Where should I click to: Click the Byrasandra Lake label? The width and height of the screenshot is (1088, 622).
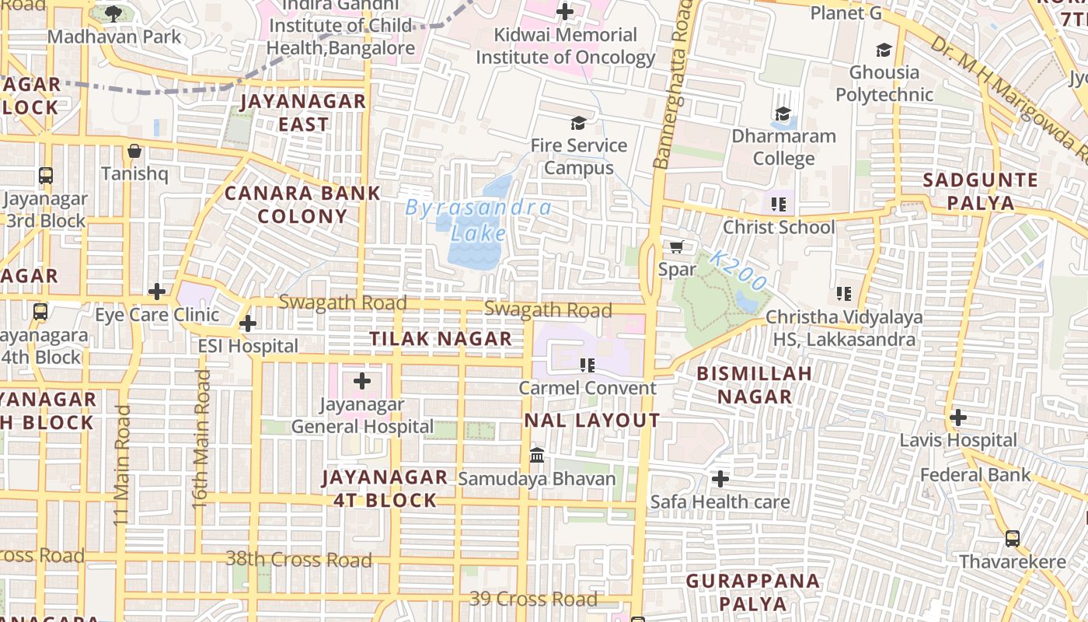point(479,220)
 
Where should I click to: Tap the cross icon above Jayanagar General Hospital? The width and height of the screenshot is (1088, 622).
point(362,381)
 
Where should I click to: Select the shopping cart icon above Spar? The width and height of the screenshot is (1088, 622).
point(676,246)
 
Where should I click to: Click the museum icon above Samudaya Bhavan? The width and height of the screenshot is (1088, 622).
point(536,455)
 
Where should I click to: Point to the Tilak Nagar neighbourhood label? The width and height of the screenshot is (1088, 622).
point(441,339)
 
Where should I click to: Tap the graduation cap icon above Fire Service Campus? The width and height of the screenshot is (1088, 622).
point(578,122)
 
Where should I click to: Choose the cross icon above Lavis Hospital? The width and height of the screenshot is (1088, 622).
point(957,418)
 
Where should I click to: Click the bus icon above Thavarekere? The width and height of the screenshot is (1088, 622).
point(1012,538)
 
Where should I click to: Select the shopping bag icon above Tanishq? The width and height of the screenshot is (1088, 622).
point(134,150)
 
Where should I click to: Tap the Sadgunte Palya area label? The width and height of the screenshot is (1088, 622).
point(980,191)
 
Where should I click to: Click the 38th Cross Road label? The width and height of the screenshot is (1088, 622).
point(299,559)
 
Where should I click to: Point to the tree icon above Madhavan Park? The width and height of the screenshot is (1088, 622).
point(113,13)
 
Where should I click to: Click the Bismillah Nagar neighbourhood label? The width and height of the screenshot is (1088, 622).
point(754,385)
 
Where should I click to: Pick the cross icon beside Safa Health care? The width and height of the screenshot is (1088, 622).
point(720,479)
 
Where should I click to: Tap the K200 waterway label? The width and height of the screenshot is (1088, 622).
point(738,270)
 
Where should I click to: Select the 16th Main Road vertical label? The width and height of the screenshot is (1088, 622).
point(201,439)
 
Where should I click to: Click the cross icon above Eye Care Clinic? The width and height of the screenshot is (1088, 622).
point(157,292)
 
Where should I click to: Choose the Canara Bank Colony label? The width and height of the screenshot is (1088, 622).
point(302,204)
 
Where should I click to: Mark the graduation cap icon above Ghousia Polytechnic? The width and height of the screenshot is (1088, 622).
point(884,50)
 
